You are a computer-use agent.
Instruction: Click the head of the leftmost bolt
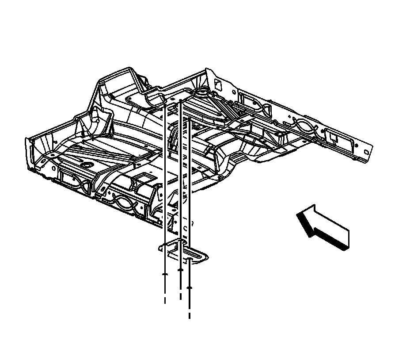[x=165, y=275]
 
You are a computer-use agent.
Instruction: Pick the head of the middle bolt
[x=180, y=269]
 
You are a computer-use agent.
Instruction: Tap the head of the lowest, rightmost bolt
[x=190, y=288]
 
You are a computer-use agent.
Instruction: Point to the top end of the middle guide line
[x=181, y=103]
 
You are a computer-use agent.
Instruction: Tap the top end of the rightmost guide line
[x=190, y=119]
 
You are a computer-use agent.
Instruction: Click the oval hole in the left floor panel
[x=87, y=165]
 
